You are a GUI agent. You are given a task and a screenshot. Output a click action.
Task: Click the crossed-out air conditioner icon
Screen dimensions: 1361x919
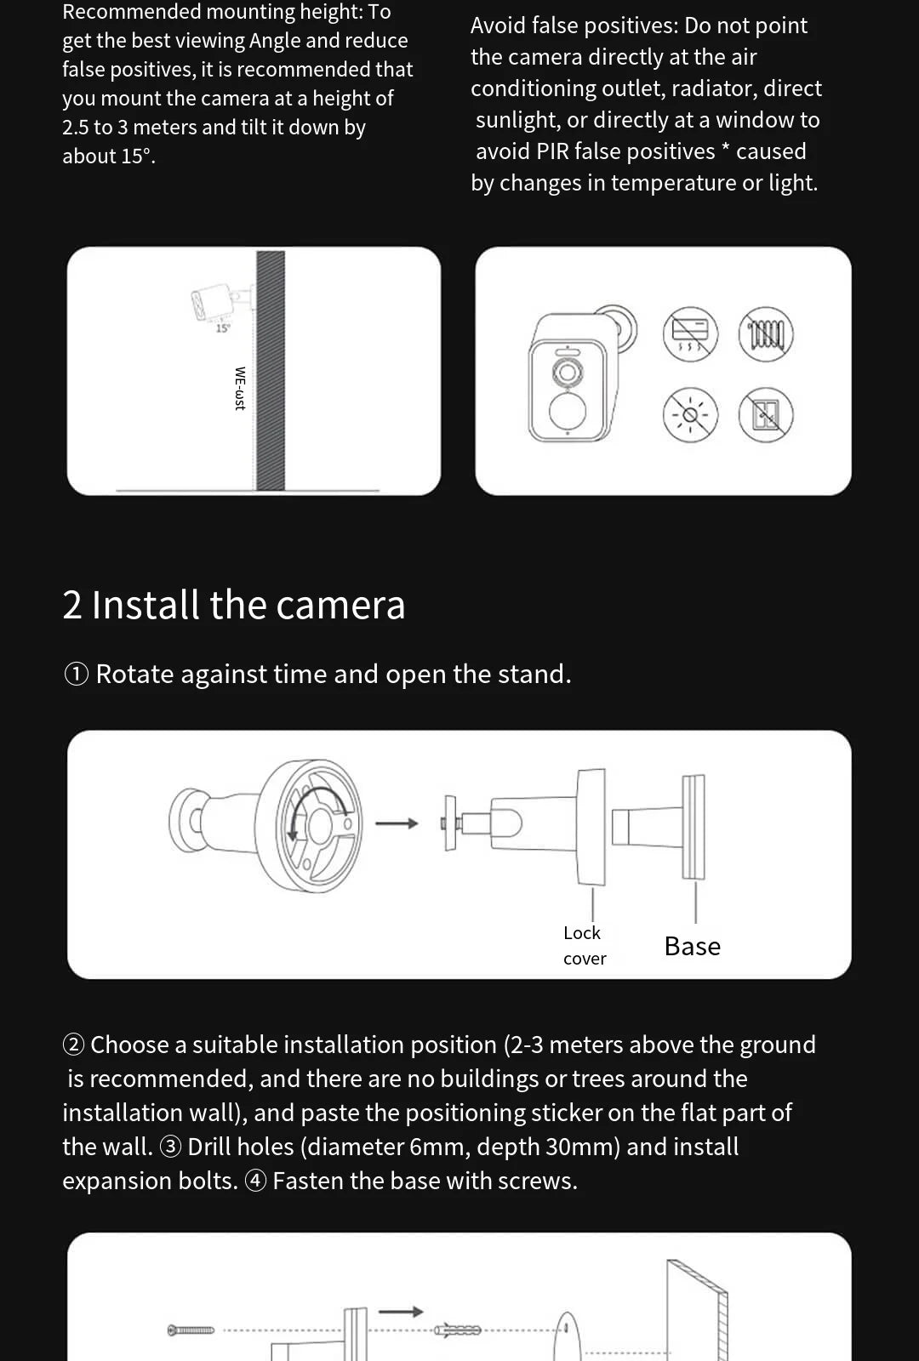(x=690, y=333)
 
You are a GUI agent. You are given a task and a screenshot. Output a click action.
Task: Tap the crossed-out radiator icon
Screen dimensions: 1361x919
(x=766, y=333)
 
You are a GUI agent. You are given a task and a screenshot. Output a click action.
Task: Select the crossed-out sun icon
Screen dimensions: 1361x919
(x=690, y=415)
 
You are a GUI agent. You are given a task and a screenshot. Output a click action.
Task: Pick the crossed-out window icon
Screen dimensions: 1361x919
(x=766, y=415)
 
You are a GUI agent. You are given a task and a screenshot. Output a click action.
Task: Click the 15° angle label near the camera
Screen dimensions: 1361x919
(x=222, y=328)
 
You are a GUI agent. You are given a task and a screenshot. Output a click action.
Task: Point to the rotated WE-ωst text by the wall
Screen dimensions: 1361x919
(x=240, y=389)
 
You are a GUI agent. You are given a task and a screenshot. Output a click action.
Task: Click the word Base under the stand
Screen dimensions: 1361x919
(x=692, y=947)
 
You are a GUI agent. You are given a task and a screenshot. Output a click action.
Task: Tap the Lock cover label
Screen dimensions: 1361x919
(x=584, y=945)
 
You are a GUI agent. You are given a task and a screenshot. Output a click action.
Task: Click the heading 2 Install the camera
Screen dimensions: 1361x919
(x=234, y=606)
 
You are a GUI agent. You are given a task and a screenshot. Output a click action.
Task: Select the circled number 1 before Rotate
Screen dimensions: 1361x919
(x=77, y=675)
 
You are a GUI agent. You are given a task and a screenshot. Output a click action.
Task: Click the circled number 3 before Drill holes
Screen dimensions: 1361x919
(x=170, y=1147)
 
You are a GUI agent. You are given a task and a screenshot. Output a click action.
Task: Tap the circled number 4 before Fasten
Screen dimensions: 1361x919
(x=255, y=1181)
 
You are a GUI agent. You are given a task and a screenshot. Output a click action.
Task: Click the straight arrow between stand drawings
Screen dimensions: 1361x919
(x=397, y=823)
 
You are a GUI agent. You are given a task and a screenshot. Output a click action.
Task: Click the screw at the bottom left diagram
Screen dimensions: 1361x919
(x=191, y=1330)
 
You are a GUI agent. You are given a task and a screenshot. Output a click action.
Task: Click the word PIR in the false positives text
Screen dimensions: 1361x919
(x=552, y=151)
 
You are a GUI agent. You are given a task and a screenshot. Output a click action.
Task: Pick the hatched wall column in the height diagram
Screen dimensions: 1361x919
(x=271, y=370)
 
